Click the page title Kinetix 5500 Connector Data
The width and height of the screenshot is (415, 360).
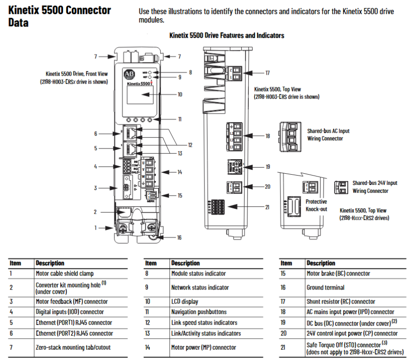pos(60,16)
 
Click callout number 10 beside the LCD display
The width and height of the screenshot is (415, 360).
pos(180,94)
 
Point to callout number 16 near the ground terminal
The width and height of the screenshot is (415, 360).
pos(179,238)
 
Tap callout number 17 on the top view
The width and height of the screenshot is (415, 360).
pos(267,73)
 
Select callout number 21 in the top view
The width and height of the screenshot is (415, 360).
pos(267,207)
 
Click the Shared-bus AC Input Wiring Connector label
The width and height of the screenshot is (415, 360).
pos(328,135)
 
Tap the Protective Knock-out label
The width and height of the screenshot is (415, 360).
pos(316,205)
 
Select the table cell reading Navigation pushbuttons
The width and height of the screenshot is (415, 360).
pos(198,312)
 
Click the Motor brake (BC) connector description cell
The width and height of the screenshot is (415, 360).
pos(338,274)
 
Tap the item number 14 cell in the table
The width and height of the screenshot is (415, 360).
pos(148,347)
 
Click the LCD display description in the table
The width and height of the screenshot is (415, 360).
pos(185,302)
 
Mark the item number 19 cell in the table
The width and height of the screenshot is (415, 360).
pos(283,323)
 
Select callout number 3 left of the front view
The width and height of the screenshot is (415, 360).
pos(95,188)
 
